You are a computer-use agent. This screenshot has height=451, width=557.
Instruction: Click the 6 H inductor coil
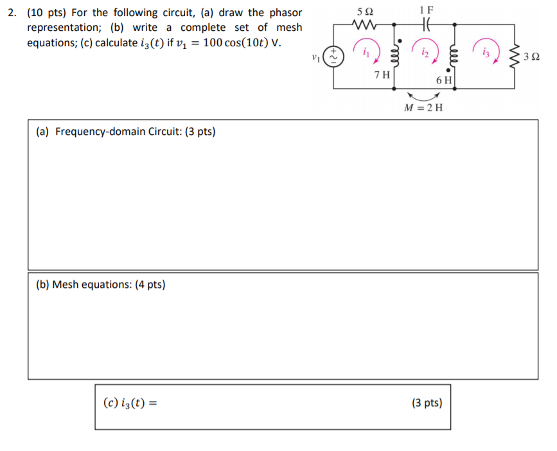coord(455,56)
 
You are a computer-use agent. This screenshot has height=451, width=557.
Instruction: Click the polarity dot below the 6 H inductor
coord(447,72)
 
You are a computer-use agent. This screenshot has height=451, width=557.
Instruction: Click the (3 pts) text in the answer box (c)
coord(427,403)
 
